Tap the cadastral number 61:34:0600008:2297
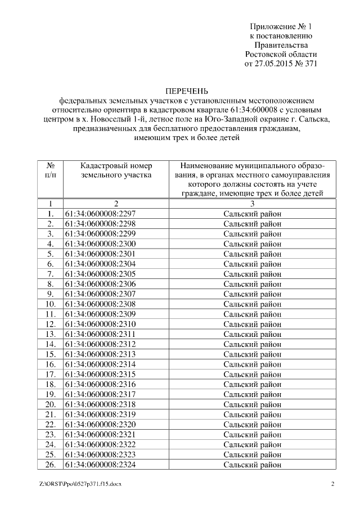click(x=101, y=213)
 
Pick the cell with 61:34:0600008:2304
click(x=101, y=264)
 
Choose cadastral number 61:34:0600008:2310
click(x=101, y=324)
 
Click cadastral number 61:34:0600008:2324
click(x=101, y=465)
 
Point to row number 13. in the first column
click(x=51, y=334)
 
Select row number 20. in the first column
click(x=51, y=404)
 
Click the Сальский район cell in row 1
click(x=252, y=213)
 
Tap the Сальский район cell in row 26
click(x=252, y=465)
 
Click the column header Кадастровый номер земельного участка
click(x=116, y=170)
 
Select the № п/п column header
click(x=51, y=170)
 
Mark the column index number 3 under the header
click(x=252, y=203)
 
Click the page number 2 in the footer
click(x=332, y=484)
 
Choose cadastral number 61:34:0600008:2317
click(x=101, y=394)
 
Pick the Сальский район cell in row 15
click(x=252, y=354)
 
